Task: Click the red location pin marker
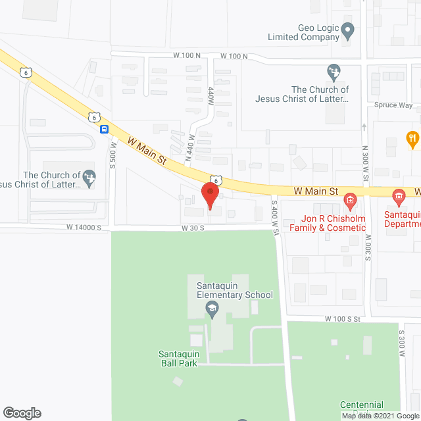(x=209, y=196)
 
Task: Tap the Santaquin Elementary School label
(x=234, y=290)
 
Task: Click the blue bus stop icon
(x=105, y=129)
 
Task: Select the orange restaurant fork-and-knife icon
(x=412, y=139)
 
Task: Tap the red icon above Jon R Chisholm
(x=351, y=199)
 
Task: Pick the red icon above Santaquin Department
(x=399, y=196)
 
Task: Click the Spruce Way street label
(x=393, y=105)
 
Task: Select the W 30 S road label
(x=194, y=228)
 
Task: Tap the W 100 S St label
(x=343, y=318)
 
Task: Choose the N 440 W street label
(x=188, y=147)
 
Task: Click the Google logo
(x=21, y=413)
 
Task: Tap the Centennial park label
(x=361, y=405)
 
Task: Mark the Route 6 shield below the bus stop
(x=94, y=117)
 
